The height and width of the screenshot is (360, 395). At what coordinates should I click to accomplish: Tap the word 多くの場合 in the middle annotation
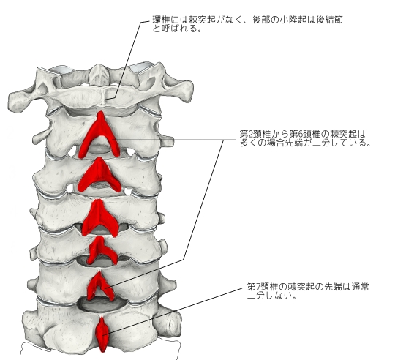point(260,143)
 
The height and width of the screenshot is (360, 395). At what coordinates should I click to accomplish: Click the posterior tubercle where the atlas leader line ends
point(105,100)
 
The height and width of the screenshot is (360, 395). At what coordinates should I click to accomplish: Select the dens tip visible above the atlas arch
point(99,67)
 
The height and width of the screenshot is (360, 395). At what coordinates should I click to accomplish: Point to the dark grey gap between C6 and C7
point(102,305)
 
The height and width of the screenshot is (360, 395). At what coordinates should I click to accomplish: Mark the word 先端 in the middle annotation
point(301,143)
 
